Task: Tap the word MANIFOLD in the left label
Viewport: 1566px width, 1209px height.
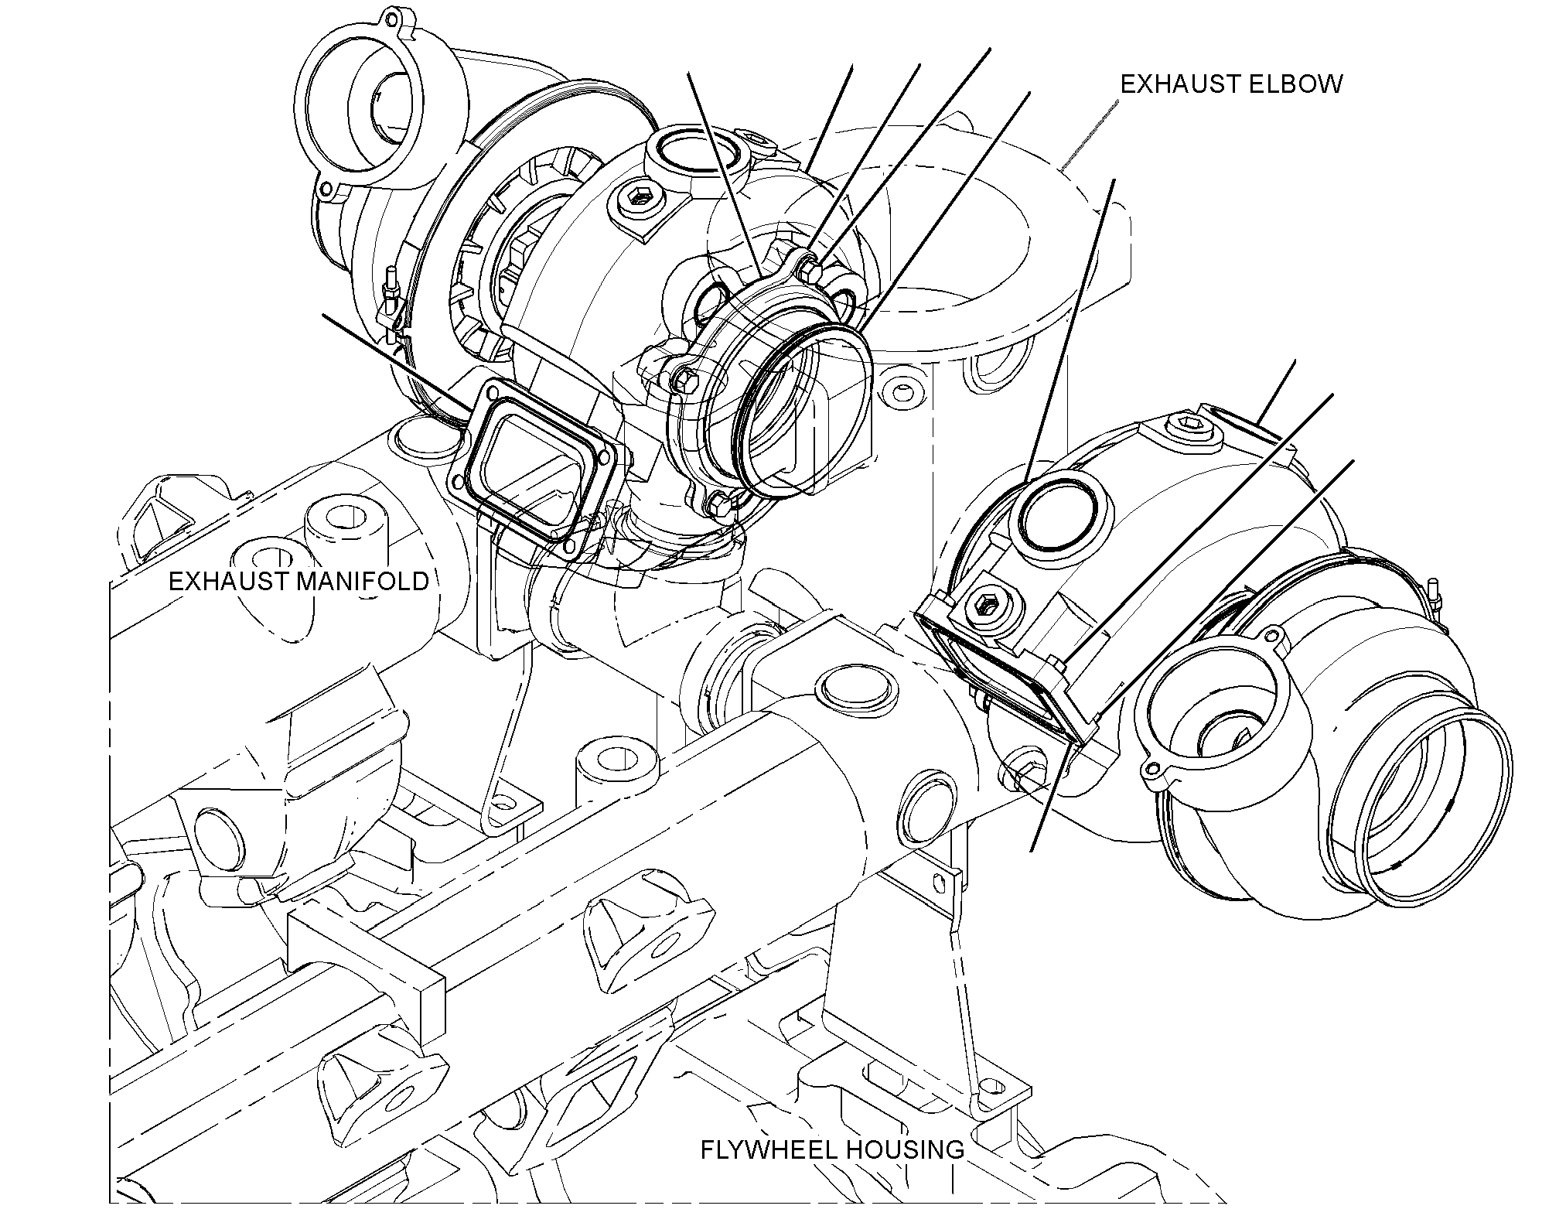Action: pos(363,580)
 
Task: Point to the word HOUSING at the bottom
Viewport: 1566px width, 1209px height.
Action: pos(902,1171)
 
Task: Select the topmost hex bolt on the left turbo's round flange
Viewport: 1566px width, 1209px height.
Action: pos(809,268)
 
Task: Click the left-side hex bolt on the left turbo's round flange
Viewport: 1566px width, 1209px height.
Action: pos(684,379)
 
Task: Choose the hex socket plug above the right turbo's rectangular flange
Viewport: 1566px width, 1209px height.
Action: pos(988,604)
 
